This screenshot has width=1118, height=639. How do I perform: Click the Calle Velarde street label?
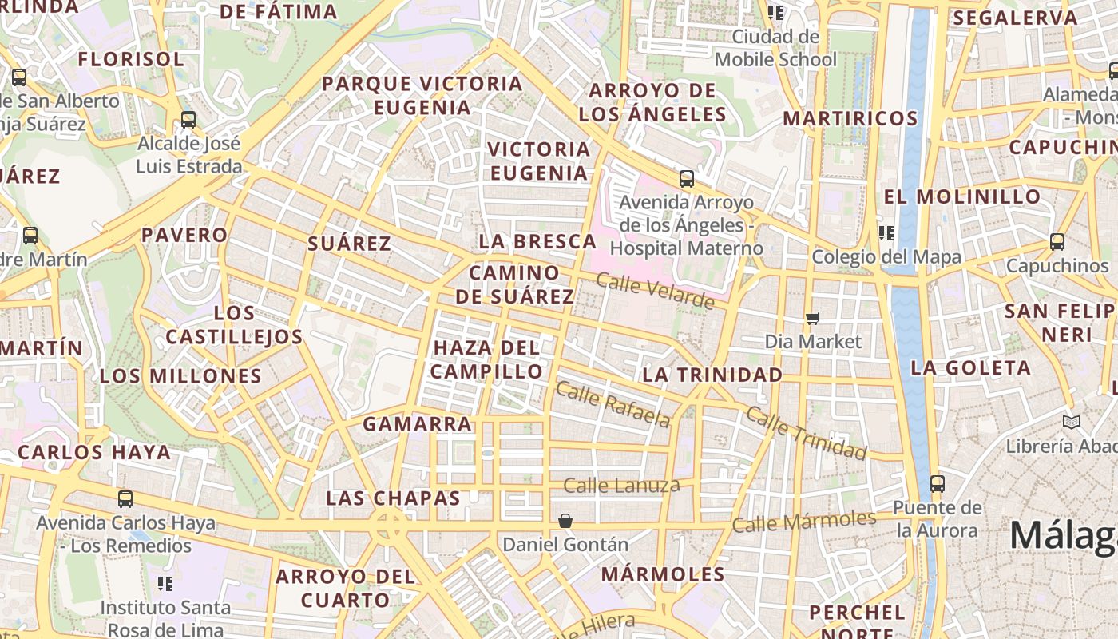point(655,291)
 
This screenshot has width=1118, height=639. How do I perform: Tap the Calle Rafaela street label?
point(613,404)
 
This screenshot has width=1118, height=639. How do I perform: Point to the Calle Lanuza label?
point(621,485)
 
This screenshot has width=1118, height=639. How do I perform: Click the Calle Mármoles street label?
point(803,522)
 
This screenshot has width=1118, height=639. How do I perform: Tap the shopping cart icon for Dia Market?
point(813,319)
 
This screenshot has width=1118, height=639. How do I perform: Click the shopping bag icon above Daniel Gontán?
point(565,521)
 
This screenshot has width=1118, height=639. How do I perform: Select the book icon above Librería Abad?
point(1071,422)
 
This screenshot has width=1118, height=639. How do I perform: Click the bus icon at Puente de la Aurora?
point(937,484)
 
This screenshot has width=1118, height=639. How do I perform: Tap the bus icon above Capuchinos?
point(1057,242)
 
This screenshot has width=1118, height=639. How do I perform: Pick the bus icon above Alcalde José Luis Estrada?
point(188,120)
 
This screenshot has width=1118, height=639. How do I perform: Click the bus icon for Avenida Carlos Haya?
point(125,499)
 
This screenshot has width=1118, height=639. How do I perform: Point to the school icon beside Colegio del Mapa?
point(885,232)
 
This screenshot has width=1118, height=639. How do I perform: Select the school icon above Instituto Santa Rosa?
point(165,583)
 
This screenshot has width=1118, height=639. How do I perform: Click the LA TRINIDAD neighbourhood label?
point(712,375)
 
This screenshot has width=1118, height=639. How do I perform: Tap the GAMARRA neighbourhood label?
point(417,424)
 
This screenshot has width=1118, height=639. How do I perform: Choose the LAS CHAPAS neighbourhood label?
point(393,498)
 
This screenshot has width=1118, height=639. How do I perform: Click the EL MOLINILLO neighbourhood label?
point(962,196)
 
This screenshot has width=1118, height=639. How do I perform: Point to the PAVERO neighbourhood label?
point(184,235)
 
